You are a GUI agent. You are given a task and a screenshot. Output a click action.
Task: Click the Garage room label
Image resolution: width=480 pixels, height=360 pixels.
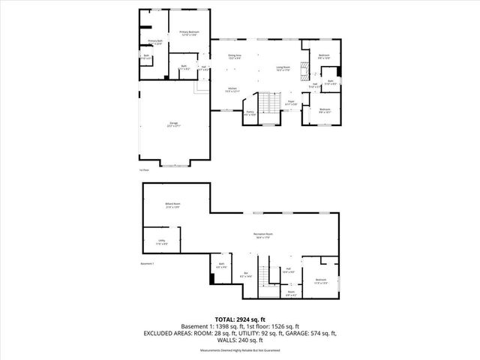coord(174,125)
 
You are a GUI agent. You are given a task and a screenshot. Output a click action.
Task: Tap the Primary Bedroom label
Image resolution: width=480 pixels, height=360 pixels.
coord(188,32)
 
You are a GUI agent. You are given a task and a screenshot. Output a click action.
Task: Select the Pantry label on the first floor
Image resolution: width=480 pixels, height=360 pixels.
coord(250,113)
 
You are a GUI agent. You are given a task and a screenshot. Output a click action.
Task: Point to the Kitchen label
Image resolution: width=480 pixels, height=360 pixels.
coord(232,90)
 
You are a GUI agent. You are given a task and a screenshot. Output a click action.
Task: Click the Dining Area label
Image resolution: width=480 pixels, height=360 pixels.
coord(235,56)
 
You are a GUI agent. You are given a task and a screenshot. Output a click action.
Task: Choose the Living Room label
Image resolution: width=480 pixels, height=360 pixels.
coord(283,68)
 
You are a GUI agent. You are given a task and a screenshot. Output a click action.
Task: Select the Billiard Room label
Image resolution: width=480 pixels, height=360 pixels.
coord(173,205)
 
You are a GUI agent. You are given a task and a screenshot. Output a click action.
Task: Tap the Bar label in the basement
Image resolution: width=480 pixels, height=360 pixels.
coord(245,274)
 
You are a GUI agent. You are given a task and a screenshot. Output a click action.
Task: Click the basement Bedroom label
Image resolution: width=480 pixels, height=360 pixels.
coord(321,282)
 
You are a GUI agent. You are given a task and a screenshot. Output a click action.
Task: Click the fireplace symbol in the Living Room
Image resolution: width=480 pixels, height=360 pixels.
coord(303,72)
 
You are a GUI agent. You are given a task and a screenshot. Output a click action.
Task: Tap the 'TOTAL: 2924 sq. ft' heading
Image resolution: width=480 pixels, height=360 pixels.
coord(239,319)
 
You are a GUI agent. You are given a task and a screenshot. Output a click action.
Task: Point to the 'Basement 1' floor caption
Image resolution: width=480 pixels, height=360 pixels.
coord(147,264)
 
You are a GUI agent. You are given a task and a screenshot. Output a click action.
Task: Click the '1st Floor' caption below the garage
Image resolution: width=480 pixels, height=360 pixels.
coord(145,170)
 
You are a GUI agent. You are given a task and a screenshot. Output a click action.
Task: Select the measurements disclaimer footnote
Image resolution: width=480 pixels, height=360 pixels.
coord(239,349)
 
